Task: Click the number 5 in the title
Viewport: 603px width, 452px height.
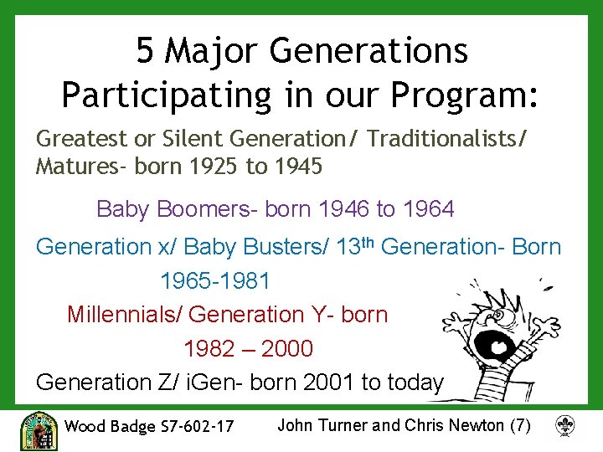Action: click(x=147, y=52)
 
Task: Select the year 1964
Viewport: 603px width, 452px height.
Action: click(x=429, y=209)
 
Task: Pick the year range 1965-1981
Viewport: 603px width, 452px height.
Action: click(x=215, y=281)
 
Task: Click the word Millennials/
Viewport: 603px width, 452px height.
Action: click(x=125, y=315)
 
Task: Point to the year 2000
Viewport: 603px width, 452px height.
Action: click(x=287, y=348)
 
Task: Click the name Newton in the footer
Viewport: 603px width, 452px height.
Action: click(x=477, y=425)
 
